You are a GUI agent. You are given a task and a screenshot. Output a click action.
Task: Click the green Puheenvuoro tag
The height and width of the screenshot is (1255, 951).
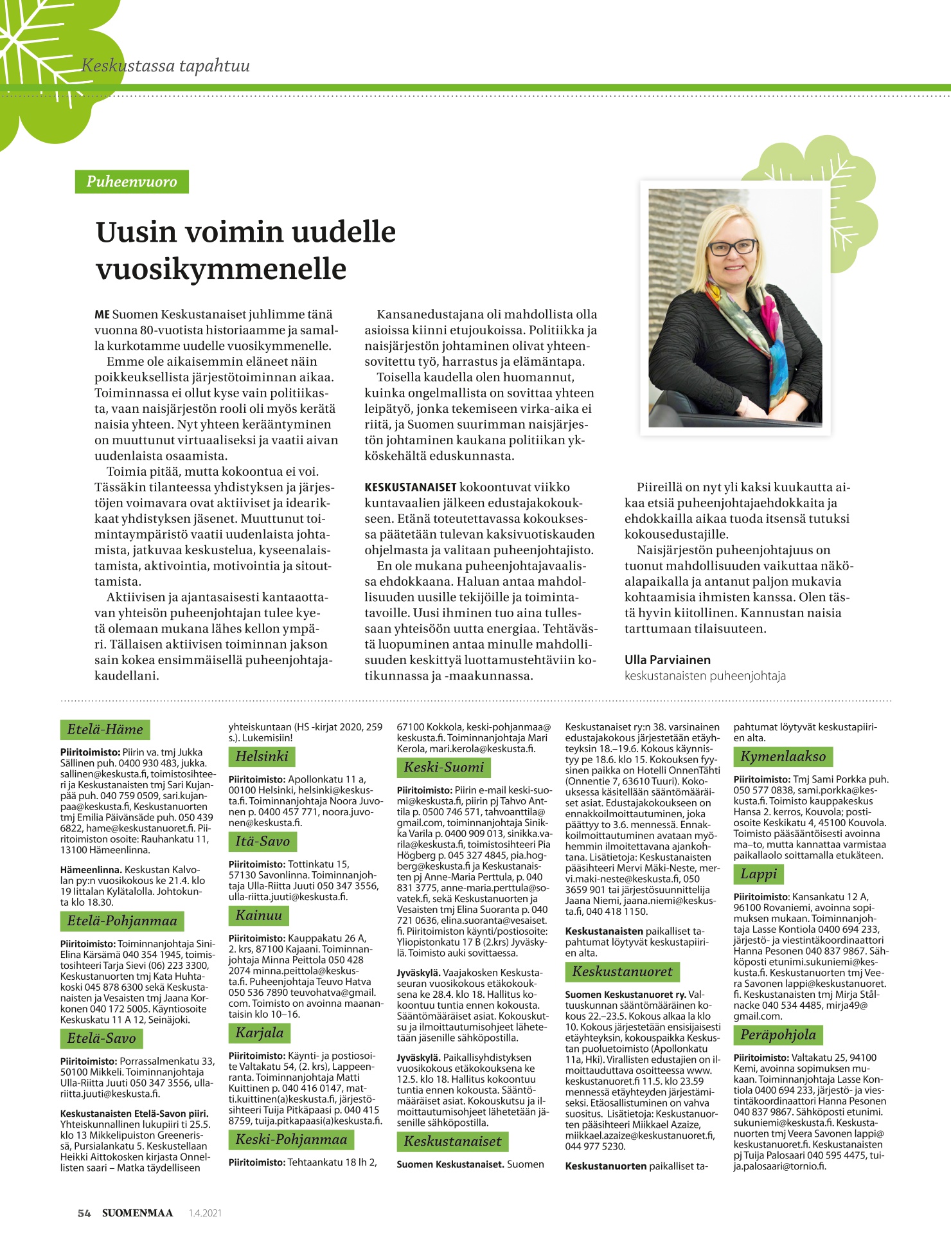tap(132, 181)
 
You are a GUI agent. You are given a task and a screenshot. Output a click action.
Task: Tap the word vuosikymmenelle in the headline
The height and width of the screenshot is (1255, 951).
tap(221, 269)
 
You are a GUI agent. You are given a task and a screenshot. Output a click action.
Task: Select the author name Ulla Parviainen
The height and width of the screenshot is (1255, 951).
tap(667, 660)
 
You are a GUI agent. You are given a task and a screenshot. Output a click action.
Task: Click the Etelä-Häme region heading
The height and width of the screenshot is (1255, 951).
tap(105, 729)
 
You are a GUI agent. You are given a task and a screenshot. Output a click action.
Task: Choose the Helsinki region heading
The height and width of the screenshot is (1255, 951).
tap(262, 756)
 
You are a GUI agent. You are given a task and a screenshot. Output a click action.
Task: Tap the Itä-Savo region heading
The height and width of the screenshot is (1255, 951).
tap(262, 841)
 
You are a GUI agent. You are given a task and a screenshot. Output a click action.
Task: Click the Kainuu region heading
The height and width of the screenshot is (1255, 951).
tap(259, 915)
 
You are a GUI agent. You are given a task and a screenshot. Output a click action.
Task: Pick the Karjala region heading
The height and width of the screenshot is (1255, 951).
tap(259, 1033)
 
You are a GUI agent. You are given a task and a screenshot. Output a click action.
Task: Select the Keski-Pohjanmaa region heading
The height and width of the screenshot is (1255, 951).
tap(291, 1139)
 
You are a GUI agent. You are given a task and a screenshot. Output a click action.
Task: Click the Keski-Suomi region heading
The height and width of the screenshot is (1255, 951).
tap(443, 767)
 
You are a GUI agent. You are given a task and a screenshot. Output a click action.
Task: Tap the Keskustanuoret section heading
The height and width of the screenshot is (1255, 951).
tap(622, 971)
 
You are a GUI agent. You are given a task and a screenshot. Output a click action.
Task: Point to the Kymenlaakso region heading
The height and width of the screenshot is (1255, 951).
tap(783, 756)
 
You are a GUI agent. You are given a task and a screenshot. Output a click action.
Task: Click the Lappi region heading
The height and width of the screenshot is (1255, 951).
tap(758, 874)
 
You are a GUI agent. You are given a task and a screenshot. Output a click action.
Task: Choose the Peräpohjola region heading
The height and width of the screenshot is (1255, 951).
tap(778, 1034)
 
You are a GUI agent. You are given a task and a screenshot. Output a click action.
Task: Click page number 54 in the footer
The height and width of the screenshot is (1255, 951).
tap(84, 1213)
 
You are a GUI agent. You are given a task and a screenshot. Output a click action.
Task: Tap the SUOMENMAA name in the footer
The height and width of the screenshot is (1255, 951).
tap(138, 1213)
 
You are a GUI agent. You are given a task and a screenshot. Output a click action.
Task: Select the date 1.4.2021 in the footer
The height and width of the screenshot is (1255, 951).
tap(205, 1213)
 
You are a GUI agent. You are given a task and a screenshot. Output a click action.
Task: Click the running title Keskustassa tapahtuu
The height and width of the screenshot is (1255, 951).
tap(166, 66)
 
